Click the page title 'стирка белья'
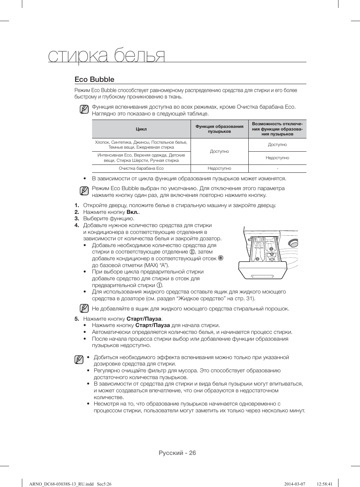coord(107,56)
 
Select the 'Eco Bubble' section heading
coord(94,80)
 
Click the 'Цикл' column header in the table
coord(141,129)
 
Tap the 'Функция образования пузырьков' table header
coord(219,129)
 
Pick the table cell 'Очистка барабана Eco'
coord(141,169)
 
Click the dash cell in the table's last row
coord(277,169)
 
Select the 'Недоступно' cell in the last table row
coord(219,169)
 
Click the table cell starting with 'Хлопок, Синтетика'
coord(141,145)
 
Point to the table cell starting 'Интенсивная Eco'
coord(141,158)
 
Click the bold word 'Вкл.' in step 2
coord(132,212)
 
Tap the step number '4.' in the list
coord(77,225)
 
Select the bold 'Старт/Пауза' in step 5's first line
coord(144,319)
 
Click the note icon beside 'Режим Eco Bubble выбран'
coord(84,191)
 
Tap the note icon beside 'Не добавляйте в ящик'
coord(84,309)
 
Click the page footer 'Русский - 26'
coord(177,453)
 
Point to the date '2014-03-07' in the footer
coord(294,484)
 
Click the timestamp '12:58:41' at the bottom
coord(325,484)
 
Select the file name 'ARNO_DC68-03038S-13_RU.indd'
coord(61,484)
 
